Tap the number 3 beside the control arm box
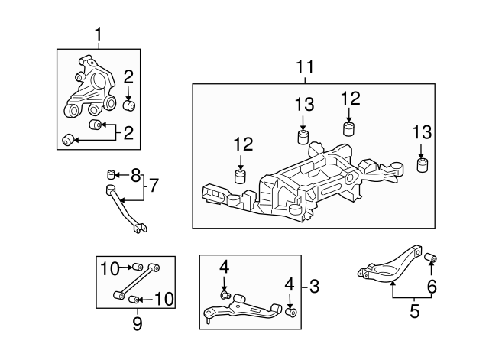[x=314, y=287]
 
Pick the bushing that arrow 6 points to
[x=431, y=256]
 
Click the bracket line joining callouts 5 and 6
[x=413, y=297]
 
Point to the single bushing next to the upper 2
[x=128, y=103]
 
